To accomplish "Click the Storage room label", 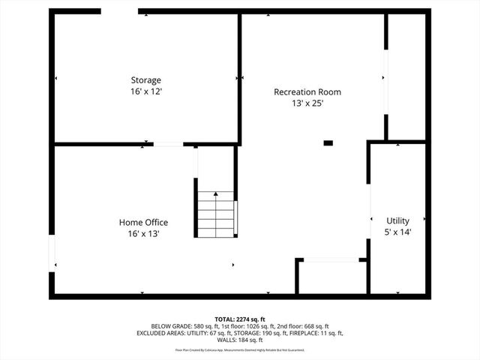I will [146, 80].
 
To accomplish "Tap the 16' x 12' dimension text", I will [146, 91].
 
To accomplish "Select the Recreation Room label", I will [307, 92].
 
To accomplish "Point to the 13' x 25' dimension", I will [307, 103].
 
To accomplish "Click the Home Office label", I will [143, 223].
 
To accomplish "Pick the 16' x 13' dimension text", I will [143, 234].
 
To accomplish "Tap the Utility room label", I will [397, 221].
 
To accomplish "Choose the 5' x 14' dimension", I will [397, 232].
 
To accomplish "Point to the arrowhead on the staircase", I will [216, 194].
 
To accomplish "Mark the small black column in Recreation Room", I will [328, 142].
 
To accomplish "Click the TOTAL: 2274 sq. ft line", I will [240, 319].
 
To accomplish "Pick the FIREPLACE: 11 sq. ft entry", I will [312, 333].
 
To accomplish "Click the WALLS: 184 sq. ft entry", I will [240, 340].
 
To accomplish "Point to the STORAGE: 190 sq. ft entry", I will [251, 333].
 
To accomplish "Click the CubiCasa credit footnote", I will [240, 349].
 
